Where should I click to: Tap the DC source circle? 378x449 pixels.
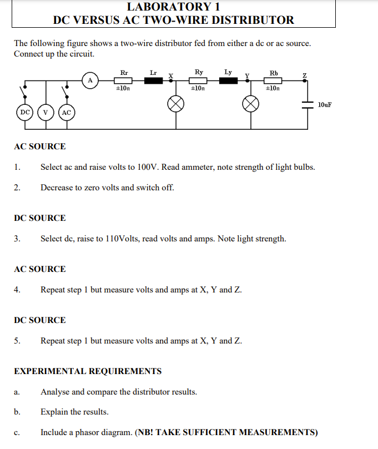tap(25, 112)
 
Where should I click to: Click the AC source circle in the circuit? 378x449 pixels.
tap(66, 112)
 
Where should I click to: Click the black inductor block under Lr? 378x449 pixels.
tap(154, 81)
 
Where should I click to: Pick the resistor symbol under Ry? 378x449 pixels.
tap(198, 81)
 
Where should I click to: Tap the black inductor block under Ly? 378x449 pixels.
tap(229, 81)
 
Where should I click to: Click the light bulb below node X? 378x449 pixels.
tap(177, 104)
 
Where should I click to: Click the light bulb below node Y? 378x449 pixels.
tap(251, 104)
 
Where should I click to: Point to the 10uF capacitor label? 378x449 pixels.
tap(325, 104)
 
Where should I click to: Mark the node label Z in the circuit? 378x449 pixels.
tap(304, 75)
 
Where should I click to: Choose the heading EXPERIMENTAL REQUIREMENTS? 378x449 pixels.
tap(88, 371)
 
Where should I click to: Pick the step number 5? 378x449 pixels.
tap(17, 341)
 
